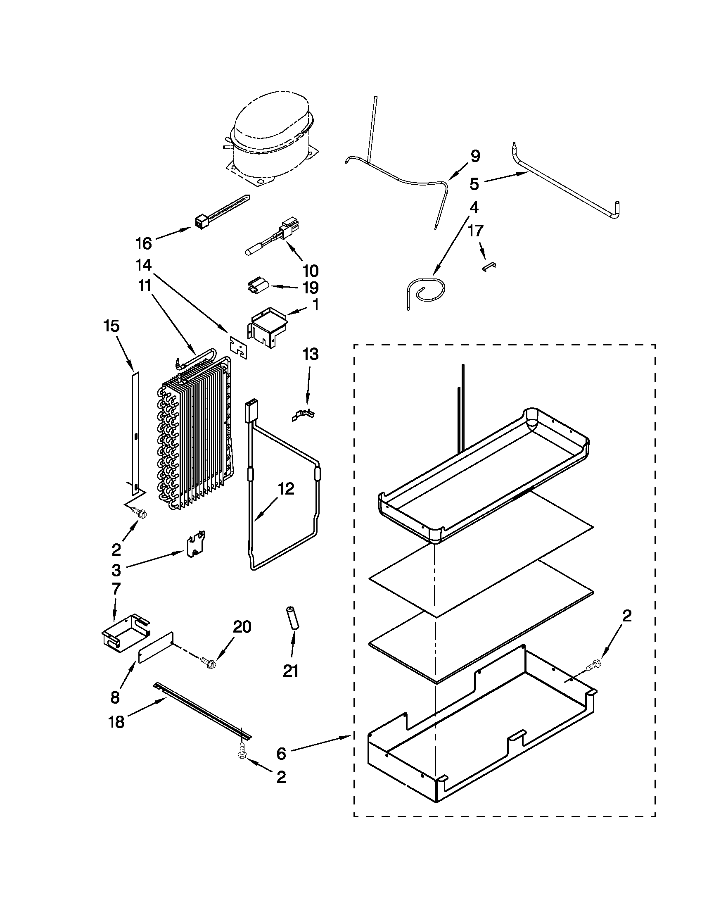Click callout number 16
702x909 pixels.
(x=144, y=243)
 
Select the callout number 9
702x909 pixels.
(x=475, y=156)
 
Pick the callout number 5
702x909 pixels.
(x=474, y=183)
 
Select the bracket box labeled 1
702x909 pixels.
(x=268, y=327)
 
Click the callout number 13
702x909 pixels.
(x=310, y=354)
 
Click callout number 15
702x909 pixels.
(x=111, y=326)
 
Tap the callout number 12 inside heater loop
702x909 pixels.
(x=287, y=489)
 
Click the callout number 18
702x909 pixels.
(x=116, y=722)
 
